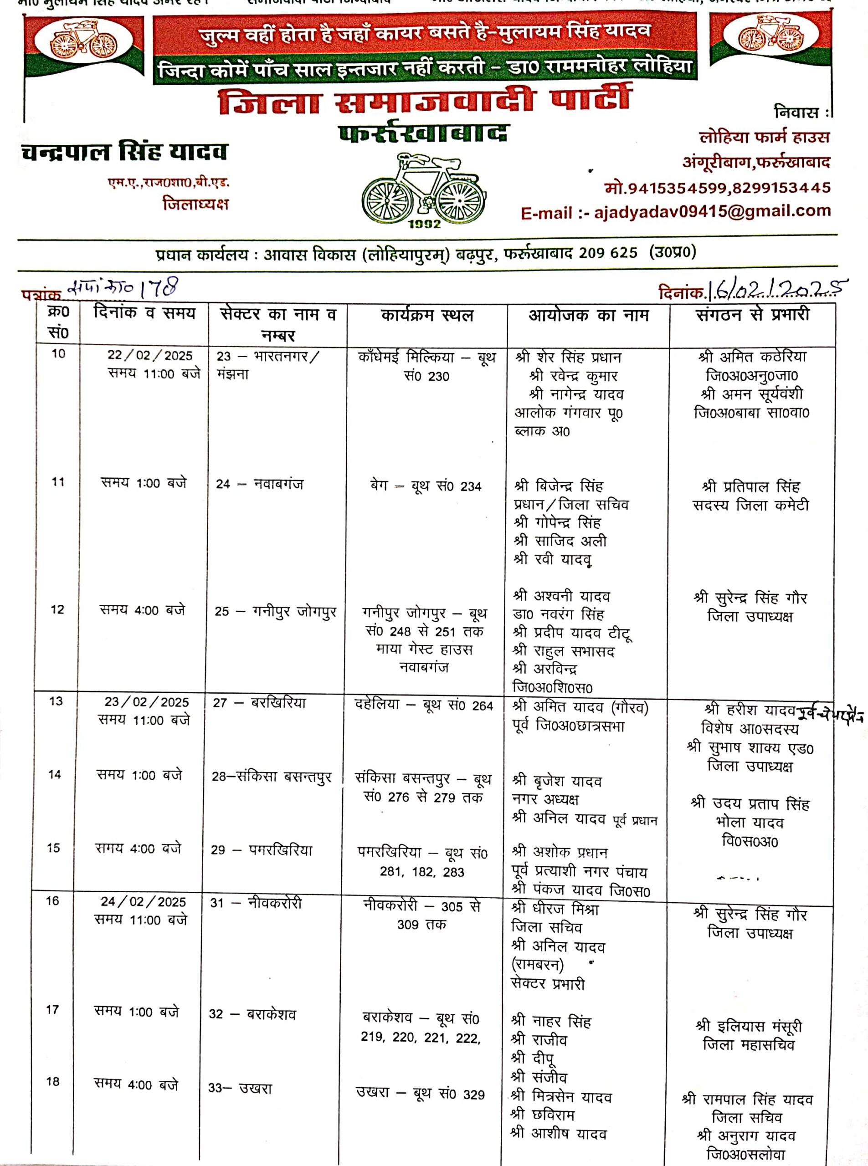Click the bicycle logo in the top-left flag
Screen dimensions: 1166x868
click(83, 41)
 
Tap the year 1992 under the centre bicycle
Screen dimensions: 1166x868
click(424, 224)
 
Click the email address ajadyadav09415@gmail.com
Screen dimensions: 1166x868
click(712, 212)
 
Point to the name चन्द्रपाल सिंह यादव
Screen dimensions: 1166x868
click(124, 152)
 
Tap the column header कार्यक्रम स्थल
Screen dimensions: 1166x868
click(426, 316)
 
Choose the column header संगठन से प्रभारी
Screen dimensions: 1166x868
click(752, 315)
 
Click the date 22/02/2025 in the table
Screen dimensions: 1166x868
click(150, 356)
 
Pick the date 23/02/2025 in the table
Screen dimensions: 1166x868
click(147, 702)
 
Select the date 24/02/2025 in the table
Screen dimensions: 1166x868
click(144, 902)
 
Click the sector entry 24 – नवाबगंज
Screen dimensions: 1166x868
click(260, 484)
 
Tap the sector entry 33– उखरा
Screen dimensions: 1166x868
click(240, 1088)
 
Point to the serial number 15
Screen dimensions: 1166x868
click(54, 848)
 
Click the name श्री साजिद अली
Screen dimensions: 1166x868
click(560, 541)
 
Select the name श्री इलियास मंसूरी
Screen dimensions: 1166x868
click(749, 1026)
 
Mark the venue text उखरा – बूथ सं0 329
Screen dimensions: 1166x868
click(420, 1094)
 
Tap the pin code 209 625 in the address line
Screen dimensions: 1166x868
click(608, 253)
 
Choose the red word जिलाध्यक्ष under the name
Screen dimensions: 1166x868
click(195, 204)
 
